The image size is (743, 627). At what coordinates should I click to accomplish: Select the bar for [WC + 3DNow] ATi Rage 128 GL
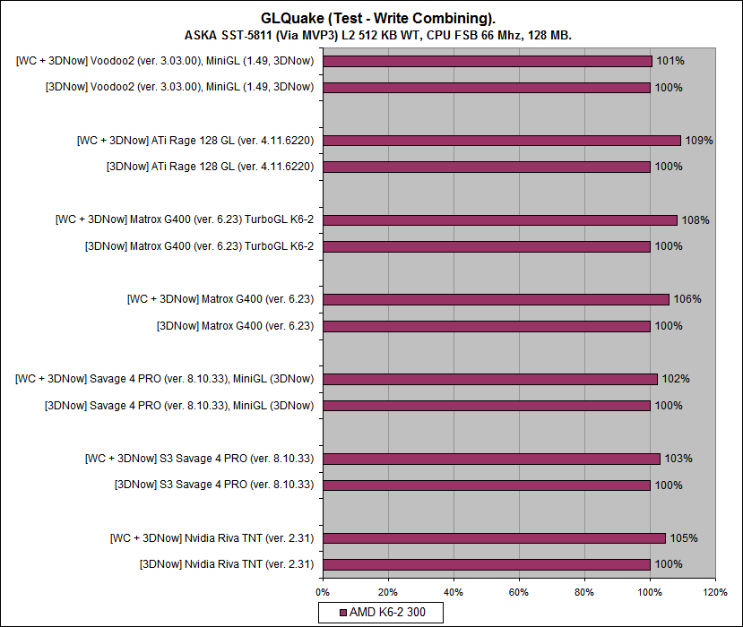[x=502, y=141]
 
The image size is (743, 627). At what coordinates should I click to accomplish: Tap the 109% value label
[x=698, y=141]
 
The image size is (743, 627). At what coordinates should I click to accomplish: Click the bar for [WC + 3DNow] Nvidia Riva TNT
[x=494, y=538]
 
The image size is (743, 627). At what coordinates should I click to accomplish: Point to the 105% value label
[x=684, y=538]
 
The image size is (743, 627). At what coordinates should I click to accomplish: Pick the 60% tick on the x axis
[x=519, y=592]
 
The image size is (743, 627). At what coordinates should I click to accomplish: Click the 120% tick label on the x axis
[x=715, y=592]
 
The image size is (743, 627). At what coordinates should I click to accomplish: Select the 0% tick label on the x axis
[x=323, y=592]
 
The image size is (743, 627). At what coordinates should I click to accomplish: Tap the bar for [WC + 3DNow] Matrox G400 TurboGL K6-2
[x=500, y=220]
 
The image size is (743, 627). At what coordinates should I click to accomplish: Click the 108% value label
[x=695, y=220]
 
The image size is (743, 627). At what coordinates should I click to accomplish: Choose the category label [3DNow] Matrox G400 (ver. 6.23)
[x=235, y=326]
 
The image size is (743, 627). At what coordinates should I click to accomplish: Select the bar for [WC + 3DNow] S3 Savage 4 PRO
[x=491, y=459]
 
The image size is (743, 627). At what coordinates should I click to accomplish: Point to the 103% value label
[x=678, y=459]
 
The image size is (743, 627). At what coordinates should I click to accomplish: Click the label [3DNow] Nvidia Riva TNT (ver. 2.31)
[x=226, y=564]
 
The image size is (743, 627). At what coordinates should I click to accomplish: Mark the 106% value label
[x=687, y=299]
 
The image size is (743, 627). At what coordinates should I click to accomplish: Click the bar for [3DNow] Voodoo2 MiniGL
[x=487, y=88]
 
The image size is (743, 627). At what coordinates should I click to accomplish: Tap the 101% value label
[x=670, y=61]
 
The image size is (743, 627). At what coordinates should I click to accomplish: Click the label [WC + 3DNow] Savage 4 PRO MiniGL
[x=164, y=379]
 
